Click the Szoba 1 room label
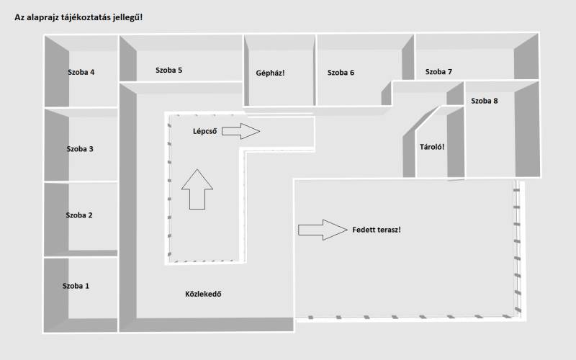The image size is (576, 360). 76,286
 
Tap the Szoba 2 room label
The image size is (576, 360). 79,215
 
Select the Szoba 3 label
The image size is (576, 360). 80,149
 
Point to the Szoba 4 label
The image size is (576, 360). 81,72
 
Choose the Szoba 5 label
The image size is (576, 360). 168,71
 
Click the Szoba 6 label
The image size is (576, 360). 341,72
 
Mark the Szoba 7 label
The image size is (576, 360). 438,72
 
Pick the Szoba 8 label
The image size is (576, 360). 484,101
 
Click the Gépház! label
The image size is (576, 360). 271,73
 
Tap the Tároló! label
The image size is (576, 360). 432,148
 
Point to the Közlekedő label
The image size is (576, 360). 202,294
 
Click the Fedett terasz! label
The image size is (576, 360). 377,230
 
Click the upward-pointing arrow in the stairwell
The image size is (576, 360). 197,188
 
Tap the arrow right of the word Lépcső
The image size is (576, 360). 240,131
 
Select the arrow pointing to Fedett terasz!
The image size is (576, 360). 322,230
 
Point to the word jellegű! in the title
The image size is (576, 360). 127,17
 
